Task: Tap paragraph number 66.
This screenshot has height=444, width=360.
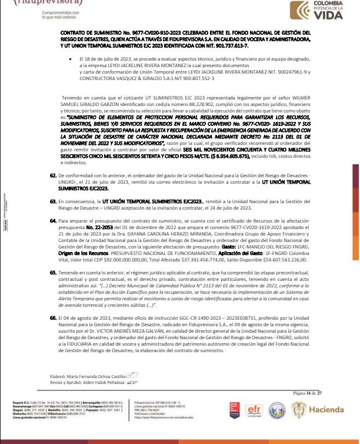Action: (x=53, y=317)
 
